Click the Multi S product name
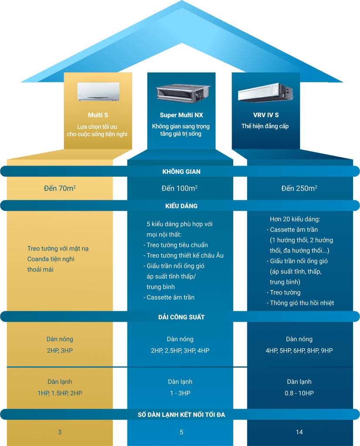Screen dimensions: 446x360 (98, 115)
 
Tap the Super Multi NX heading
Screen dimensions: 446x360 (181, 115)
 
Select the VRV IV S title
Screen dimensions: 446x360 (265, 115)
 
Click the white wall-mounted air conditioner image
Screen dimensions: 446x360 (98, 91)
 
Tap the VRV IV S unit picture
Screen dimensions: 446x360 (265, 92)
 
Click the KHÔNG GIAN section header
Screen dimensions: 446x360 (181, 172)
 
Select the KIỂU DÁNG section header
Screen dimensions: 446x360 (181, 206)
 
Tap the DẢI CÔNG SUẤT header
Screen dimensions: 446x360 (181, 317)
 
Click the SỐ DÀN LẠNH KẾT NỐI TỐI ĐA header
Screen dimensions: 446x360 (181, 414)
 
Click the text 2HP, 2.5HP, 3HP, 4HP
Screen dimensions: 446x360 (180, 351)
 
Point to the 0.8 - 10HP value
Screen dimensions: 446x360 (299, 393)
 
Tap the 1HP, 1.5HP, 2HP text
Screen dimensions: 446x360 (60, 393)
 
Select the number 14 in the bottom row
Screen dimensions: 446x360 (299, 432)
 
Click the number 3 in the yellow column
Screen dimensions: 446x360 (60, 432)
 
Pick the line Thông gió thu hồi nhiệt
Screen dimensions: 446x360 (300, 303)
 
